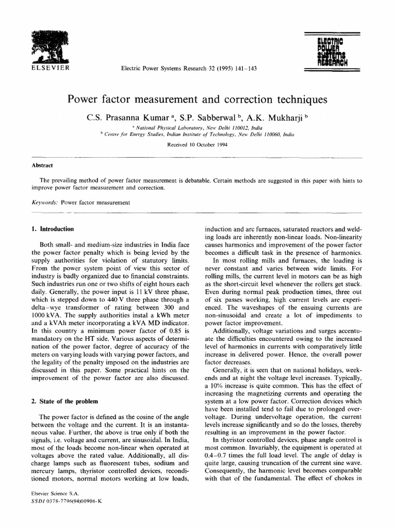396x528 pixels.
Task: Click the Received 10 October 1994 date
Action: coord(198,145)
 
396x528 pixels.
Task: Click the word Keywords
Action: coord(44,203)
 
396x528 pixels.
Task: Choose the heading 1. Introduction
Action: coord(53,228)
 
